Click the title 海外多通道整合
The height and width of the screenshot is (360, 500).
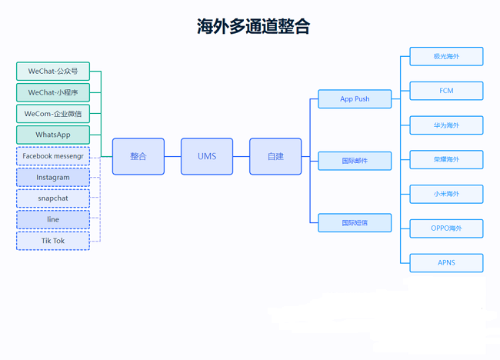coord(253,26)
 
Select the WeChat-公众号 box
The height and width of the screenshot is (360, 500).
coord(53,71)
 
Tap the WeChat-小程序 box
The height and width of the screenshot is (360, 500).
coord(53,92)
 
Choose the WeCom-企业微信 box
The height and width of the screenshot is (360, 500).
coord(53,114)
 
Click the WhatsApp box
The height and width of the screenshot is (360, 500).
coord(53,135)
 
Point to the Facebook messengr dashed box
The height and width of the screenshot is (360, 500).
coord(53,156)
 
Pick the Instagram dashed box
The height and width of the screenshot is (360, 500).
coord(53,177)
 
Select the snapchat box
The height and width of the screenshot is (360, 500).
coord(53,198)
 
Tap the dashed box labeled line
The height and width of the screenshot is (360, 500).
coord(53,219)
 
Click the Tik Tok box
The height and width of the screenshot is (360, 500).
coord(53,241)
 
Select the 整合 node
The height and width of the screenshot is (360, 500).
coord(138,156)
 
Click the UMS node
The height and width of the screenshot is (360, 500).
coord(207,156)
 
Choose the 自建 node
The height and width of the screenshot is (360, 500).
coord(275,156)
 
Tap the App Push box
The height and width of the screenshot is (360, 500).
coord(355,99)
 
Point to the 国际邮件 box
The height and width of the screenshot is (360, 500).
coord(355,161)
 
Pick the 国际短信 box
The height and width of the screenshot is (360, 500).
coord(355,222)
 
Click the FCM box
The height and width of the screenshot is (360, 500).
coord(446,91)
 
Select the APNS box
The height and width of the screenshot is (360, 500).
coord(446,263)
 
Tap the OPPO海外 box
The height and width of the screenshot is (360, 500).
coord(446,228)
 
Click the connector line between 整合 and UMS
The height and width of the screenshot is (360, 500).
coord(172,156)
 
